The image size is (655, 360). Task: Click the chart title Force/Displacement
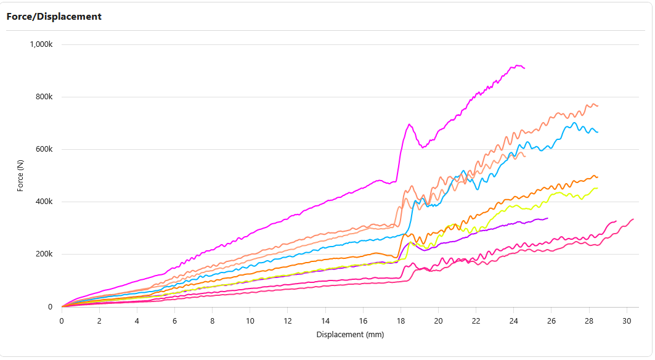54,17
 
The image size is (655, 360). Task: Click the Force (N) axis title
20,175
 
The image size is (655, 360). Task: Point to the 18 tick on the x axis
401,321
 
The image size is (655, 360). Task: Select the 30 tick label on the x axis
627,321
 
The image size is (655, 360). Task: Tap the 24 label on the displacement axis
513,321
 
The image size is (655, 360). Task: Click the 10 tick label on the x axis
250,321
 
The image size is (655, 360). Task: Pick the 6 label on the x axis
174,321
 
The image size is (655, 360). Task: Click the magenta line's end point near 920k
524,68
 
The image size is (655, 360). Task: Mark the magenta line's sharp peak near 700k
410,125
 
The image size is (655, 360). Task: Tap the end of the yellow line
597,188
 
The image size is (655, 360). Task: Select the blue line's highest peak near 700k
574,123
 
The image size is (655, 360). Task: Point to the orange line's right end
597,178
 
